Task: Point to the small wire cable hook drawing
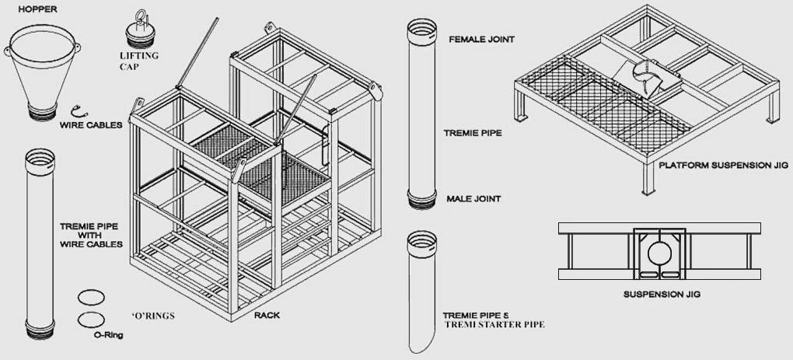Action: point(75,109)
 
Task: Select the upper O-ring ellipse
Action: point(91,298)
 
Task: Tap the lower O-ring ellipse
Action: point(91,319)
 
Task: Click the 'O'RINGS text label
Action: point(152,316)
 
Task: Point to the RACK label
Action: point(266,315)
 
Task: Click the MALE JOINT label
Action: point(473,199)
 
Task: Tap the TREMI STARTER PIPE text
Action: point(494,323)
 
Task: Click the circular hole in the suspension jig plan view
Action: point(658,253)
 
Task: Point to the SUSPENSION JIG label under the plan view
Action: point(658,295)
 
